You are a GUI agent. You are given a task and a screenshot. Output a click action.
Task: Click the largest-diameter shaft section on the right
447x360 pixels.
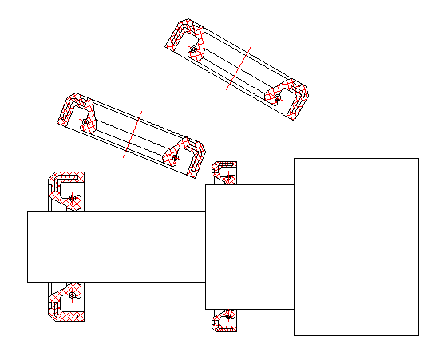tap(356, 247)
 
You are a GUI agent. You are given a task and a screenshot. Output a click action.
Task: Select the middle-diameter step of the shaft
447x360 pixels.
tap(249, 247)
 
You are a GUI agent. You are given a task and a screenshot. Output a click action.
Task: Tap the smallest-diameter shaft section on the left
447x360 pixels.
tap(116, 247)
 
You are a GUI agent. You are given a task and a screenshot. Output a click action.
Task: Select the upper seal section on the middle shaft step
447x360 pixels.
tap(224, 172)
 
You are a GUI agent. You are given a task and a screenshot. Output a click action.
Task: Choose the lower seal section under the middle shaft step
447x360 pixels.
tap(224, 320)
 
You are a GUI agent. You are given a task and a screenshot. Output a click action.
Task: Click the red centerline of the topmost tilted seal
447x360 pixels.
tap(239, 67)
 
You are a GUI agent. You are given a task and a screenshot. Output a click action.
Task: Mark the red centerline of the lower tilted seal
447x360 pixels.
tap(133, 133)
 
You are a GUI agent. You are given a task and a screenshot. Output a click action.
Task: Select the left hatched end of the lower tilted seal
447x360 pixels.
tap(74, 112)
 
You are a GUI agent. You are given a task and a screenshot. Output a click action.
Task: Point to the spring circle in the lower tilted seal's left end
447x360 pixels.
tap(84, 122)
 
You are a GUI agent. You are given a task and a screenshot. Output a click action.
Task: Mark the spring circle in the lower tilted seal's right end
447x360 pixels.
tap(175, 158)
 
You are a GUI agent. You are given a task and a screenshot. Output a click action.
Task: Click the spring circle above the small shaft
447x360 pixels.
tap(73, 197)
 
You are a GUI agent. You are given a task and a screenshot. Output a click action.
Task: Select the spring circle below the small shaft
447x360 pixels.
tap(73, 296)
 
